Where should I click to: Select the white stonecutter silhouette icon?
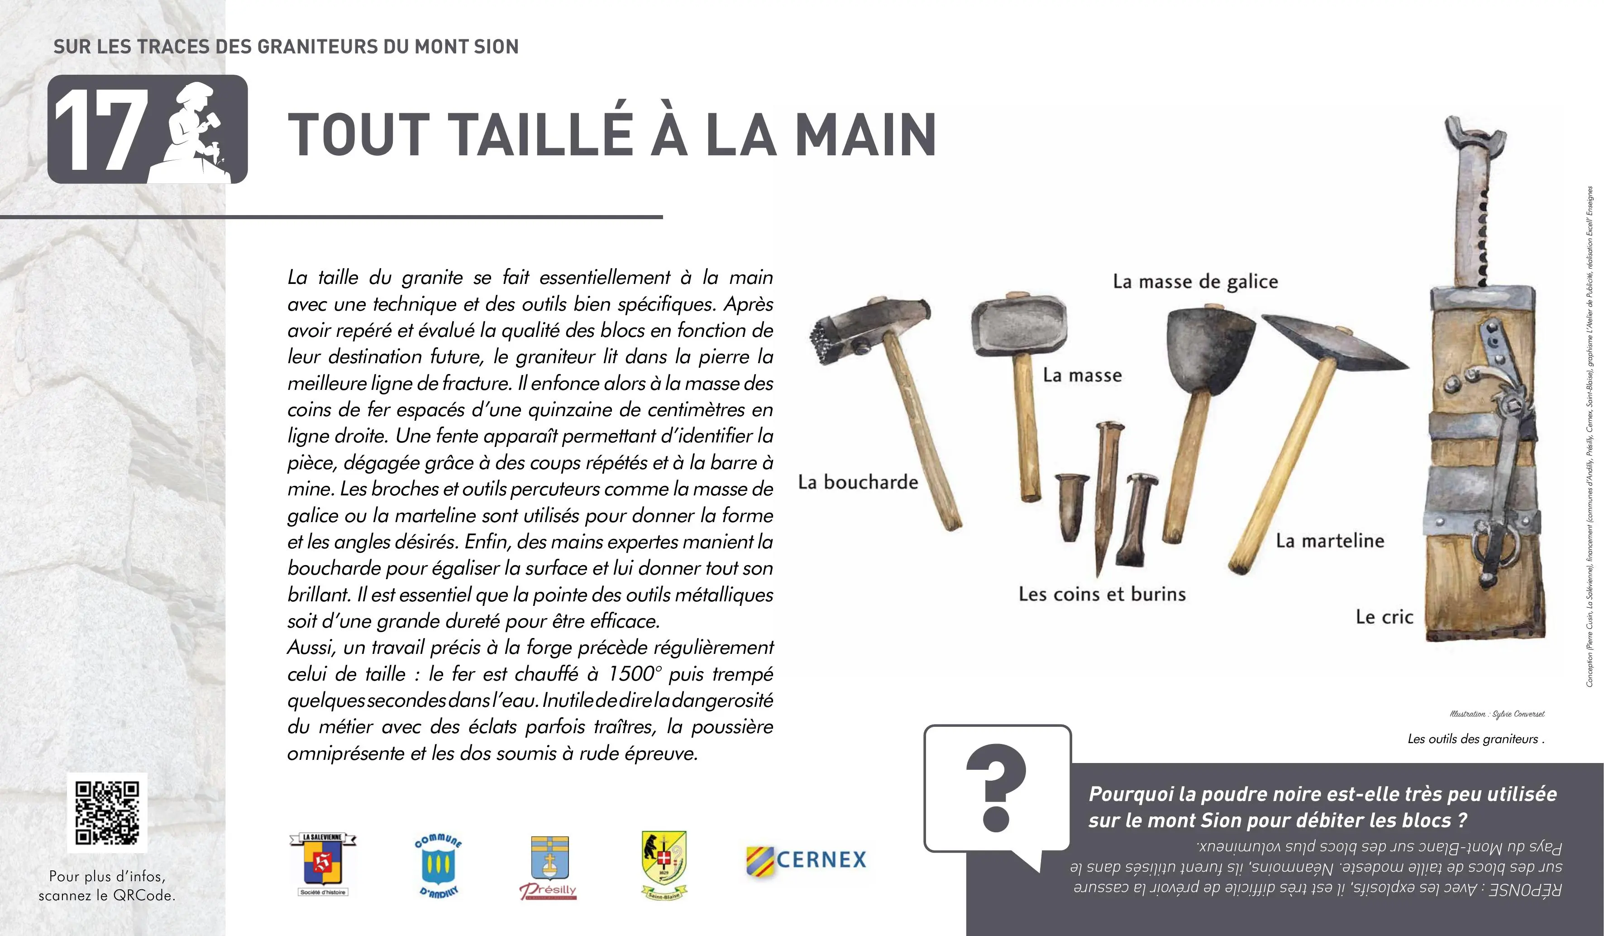(194, 130)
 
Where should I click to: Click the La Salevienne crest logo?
(323, 865)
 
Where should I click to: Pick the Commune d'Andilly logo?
(438, 865)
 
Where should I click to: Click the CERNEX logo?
(807, 859)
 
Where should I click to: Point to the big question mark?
(996, 790)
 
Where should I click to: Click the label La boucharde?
(858, 482)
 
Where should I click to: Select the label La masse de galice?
(1195, 282)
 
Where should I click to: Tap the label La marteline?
(1330, 541)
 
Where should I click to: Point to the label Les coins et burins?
(1102, 594)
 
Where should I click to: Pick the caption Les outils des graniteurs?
(1475, 739)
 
